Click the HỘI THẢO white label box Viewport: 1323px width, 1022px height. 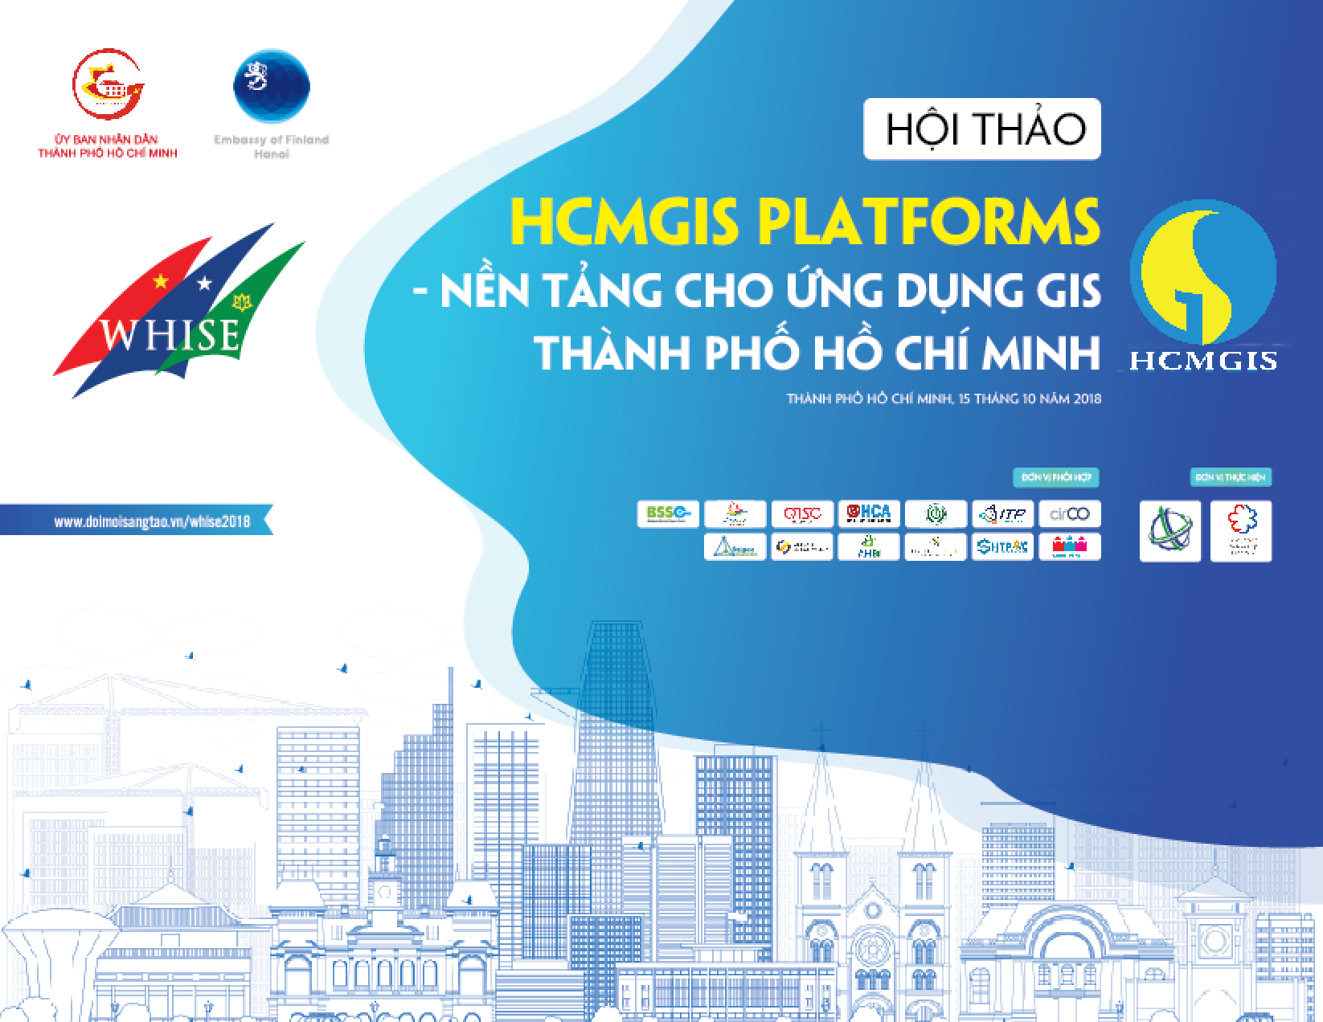click(981, 129)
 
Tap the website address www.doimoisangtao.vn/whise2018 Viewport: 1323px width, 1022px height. click(152, 521)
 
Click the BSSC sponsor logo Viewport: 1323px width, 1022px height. click(667, 513)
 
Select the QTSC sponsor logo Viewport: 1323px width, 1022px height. click(801, 513)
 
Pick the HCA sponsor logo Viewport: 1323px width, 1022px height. click(868, 513)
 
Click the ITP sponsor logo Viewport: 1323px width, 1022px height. click(1002, 513)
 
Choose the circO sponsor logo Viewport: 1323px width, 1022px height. click(1069, 513)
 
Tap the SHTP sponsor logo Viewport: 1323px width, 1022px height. click(1002, 547)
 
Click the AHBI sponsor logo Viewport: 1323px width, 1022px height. click(868, 547)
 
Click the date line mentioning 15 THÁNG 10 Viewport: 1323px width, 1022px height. click(944, 399)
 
